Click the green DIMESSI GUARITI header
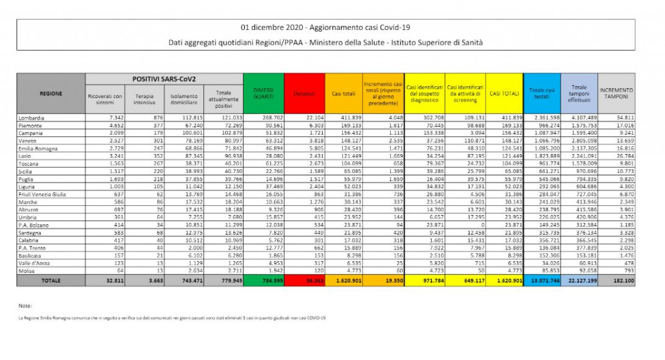(263, 94)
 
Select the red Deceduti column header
(303, 94)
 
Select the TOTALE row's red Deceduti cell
(303, 281)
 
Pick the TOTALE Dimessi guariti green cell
(263, 281)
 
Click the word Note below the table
(26, 305)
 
